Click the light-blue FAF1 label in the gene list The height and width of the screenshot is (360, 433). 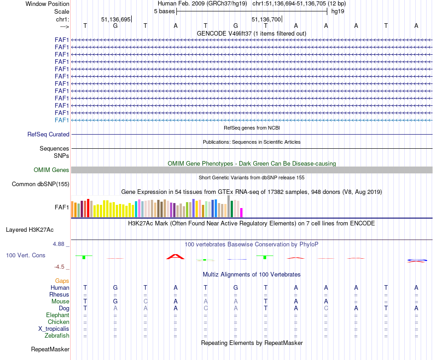tap(62, 120)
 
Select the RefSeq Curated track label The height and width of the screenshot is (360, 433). tap(48, 135)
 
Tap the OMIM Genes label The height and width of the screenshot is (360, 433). tap(52, 170)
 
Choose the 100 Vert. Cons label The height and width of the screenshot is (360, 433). tap(26, 256)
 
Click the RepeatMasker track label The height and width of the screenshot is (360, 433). tap(50, 350)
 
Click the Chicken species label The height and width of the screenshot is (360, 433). tap(58, 322)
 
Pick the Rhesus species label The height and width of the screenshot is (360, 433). tap(59, 295)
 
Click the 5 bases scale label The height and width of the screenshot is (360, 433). tap(164, 11)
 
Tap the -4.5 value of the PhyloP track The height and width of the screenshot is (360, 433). tap(59, 267)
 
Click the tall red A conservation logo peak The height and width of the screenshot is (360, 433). tap(175, 257)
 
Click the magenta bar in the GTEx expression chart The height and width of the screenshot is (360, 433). tap(242, 213)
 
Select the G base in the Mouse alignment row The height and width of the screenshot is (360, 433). tap(115, 302)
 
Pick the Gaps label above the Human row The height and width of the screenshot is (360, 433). tap(62, 281)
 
